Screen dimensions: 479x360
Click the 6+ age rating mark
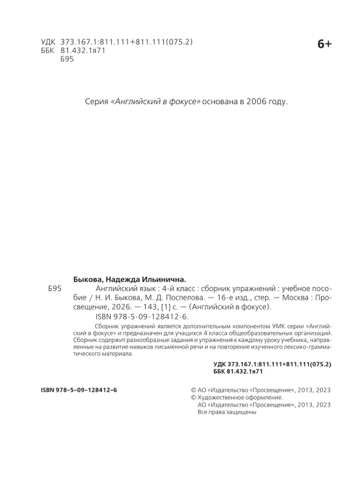click(x=324, y=45)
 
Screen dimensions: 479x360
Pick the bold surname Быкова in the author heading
click(x=91, y=280)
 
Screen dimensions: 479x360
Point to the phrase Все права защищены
click(x=226, y=413)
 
